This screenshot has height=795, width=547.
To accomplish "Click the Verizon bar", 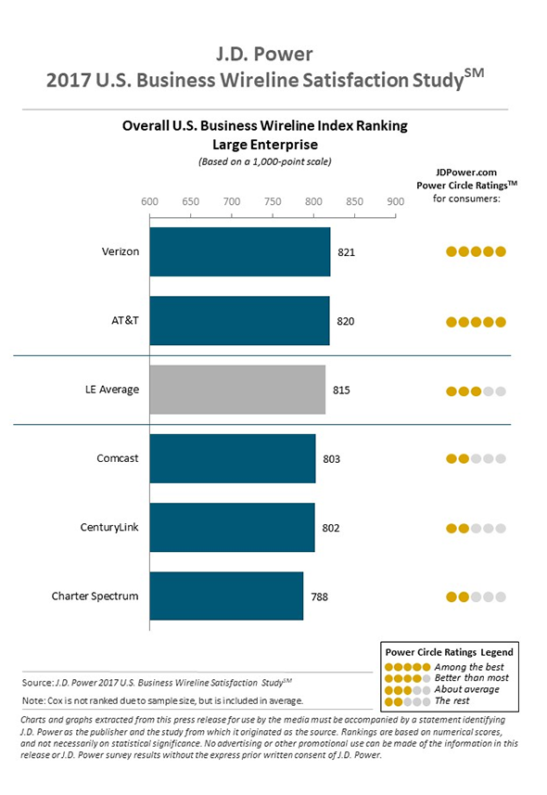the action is tap(240, 251).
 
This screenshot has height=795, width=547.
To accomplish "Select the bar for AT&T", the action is tap(239, 320).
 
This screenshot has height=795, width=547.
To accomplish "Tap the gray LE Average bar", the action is tap(237, 390).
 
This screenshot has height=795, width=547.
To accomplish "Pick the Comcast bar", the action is tap(232, 458).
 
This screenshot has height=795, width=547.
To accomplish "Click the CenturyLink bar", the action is tap(232, 527).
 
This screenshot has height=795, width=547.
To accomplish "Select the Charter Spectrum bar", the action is tap(226, 596).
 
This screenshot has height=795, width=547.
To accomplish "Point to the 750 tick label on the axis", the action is tap(273, 201).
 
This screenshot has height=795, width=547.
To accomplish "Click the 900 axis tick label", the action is tap(396, 201).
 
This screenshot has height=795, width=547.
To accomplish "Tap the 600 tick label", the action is tap(149, 201).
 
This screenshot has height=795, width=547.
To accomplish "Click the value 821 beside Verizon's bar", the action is tap(346, 252).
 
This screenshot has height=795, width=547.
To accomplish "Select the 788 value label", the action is tap(319, 596).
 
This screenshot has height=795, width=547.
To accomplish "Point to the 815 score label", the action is tap(341, 390).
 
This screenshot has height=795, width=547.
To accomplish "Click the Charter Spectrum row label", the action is tap(95, 596).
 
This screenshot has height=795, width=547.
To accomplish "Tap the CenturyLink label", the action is tap(109, 527).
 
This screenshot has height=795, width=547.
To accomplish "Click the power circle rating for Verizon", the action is tap(476, 251).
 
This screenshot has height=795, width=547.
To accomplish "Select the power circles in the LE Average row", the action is tap(476, 391).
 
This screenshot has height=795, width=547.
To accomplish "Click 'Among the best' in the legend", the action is tap(469, 667).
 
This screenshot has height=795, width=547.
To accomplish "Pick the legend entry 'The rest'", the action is tap(452, 700).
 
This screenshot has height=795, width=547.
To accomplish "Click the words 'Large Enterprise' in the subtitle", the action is tap(265, 145).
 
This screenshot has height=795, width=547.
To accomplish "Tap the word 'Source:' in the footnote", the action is tap(37, 683).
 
